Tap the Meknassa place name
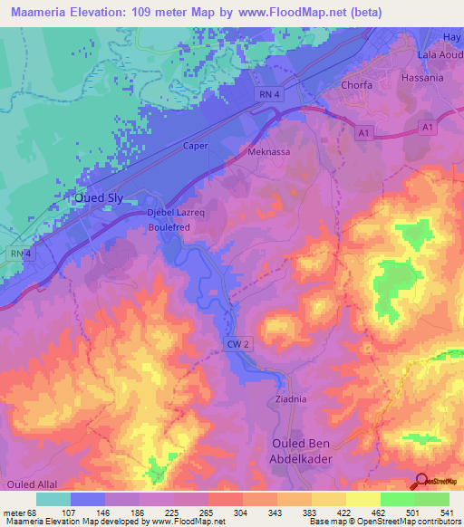[269, 152]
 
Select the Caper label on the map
[196, 146]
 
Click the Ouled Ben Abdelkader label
[310, 450]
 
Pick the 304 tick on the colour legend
[216, 513]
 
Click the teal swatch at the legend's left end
[53, 499]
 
